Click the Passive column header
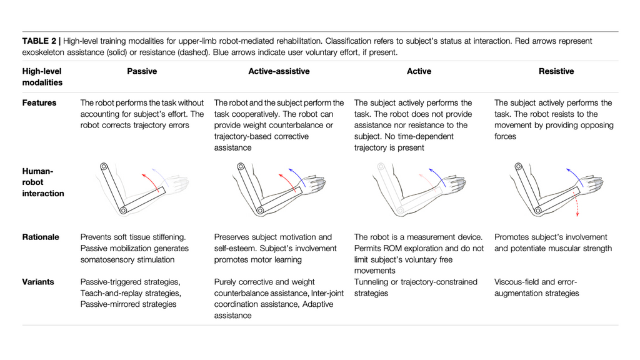pos(142,71)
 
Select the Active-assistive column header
pos(279,71)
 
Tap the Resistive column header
pos(556,71)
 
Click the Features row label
pos(39,102)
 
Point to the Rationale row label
pos(41,237)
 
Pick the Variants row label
pos(38,282)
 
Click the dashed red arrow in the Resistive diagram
pos(577,205)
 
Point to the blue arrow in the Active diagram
pos(437,176)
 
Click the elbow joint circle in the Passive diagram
pos(124,211)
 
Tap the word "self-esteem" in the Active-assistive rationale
pos(235,248)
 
